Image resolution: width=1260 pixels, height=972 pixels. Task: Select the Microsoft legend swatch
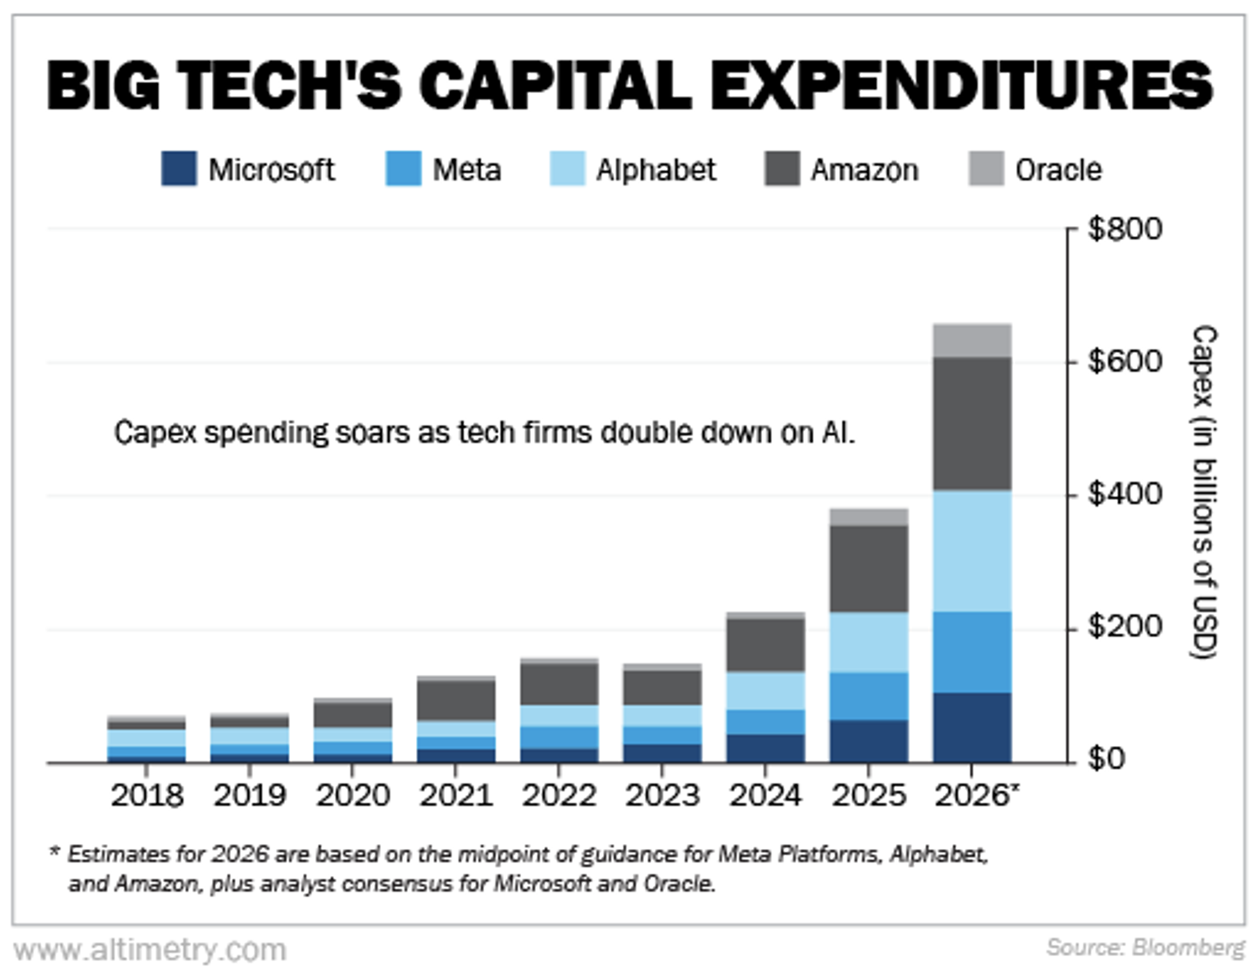(179, 169)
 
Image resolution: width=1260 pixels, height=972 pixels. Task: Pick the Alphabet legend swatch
(567, 169)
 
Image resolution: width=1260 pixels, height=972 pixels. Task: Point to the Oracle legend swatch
(986, 169)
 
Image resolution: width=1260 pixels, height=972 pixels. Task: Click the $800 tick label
(1124, 229)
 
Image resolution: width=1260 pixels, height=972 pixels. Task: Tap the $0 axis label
(1106, 759)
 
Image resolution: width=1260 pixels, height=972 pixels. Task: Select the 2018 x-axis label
(147, 796)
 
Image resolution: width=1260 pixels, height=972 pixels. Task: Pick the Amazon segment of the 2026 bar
(972, 424)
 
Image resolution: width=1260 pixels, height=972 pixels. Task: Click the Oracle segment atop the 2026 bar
(972, 341)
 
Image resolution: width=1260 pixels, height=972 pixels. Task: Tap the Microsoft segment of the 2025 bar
(869, 741)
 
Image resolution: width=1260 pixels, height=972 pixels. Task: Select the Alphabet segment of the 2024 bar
(766, 691)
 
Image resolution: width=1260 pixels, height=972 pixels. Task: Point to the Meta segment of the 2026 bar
(972, 652)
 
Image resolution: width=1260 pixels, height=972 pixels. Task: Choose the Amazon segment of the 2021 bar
(456, 701)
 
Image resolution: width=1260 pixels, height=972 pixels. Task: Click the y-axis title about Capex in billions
(1203, 492)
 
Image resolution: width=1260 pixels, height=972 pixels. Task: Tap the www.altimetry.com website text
(150, 950)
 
